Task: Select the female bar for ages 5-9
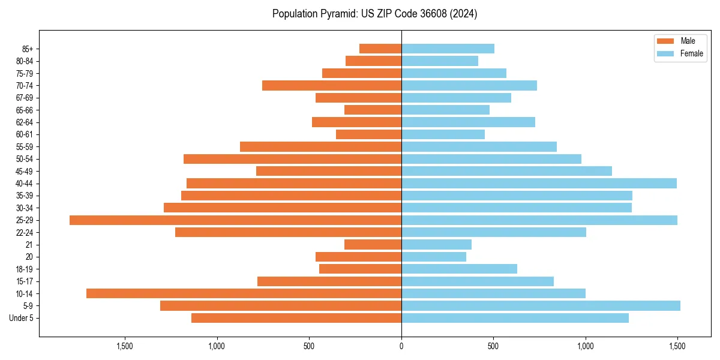click(541, 306)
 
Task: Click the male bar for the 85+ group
click(380, 49)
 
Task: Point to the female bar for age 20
click(434, 257)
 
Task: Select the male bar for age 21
click(373, 245)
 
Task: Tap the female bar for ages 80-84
click(440, 61)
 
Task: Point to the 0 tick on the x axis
click(401, 346)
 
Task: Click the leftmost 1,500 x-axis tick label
click(125, 346)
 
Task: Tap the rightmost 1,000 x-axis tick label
click(586, 346)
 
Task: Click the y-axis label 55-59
click(25, 147)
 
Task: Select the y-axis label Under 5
click(22, 318)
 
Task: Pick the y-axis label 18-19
click(25, 269)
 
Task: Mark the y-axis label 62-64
click(25, 122)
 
